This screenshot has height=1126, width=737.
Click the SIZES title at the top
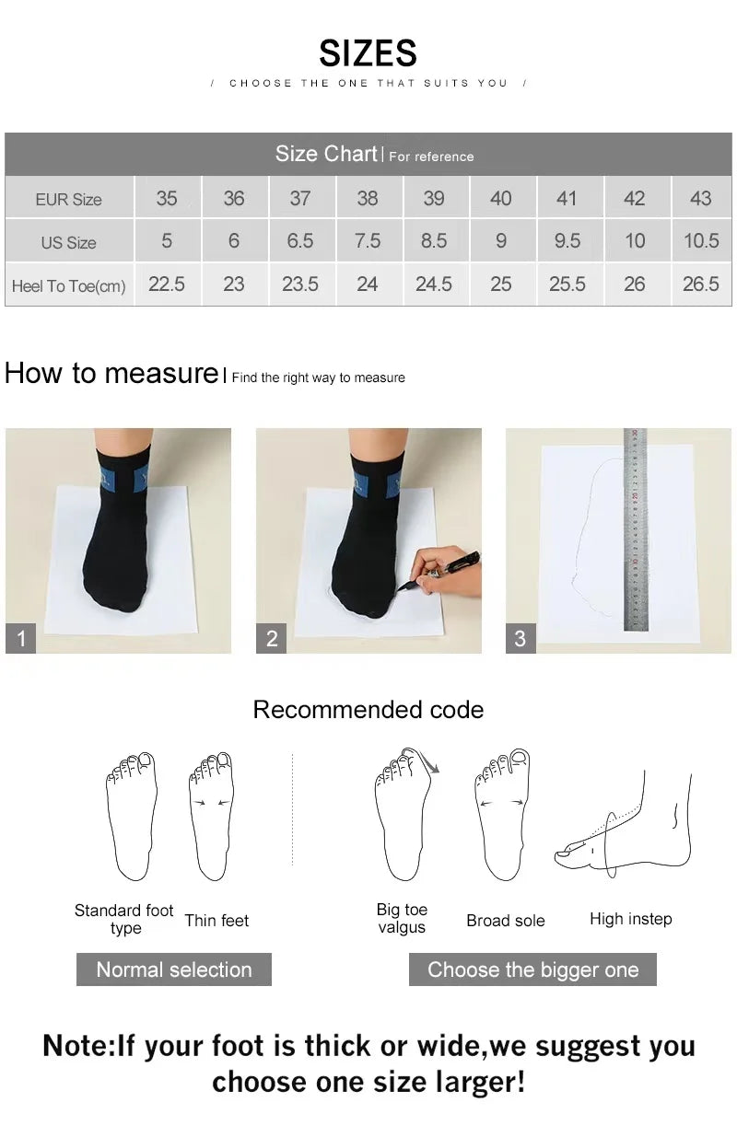point(368,53)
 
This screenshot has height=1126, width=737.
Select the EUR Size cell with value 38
point(368,198)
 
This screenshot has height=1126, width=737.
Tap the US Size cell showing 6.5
point(300,241)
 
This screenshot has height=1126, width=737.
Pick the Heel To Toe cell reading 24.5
point(434,284)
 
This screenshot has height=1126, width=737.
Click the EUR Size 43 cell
point(700,198)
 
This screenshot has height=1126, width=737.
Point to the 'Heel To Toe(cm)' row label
point(69,285)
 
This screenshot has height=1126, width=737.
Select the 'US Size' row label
point(69,242)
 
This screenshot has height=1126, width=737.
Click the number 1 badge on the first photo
point(21,638)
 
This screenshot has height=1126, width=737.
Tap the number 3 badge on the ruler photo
point(521,638)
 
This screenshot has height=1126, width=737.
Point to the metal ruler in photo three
point(635,529)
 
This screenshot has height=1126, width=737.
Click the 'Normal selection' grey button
point(174,969)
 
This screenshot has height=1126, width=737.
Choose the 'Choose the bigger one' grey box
point(532,969)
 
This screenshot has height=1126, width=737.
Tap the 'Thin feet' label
point(216,920)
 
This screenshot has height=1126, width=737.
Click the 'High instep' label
point(631,919)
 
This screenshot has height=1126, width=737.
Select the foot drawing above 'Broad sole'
point(502,815)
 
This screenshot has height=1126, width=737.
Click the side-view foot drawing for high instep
point(626,824)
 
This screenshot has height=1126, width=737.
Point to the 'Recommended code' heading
point(368,710)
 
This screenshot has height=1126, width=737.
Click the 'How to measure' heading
point(111,374)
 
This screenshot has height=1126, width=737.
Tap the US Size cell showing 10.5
point(700,241)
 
